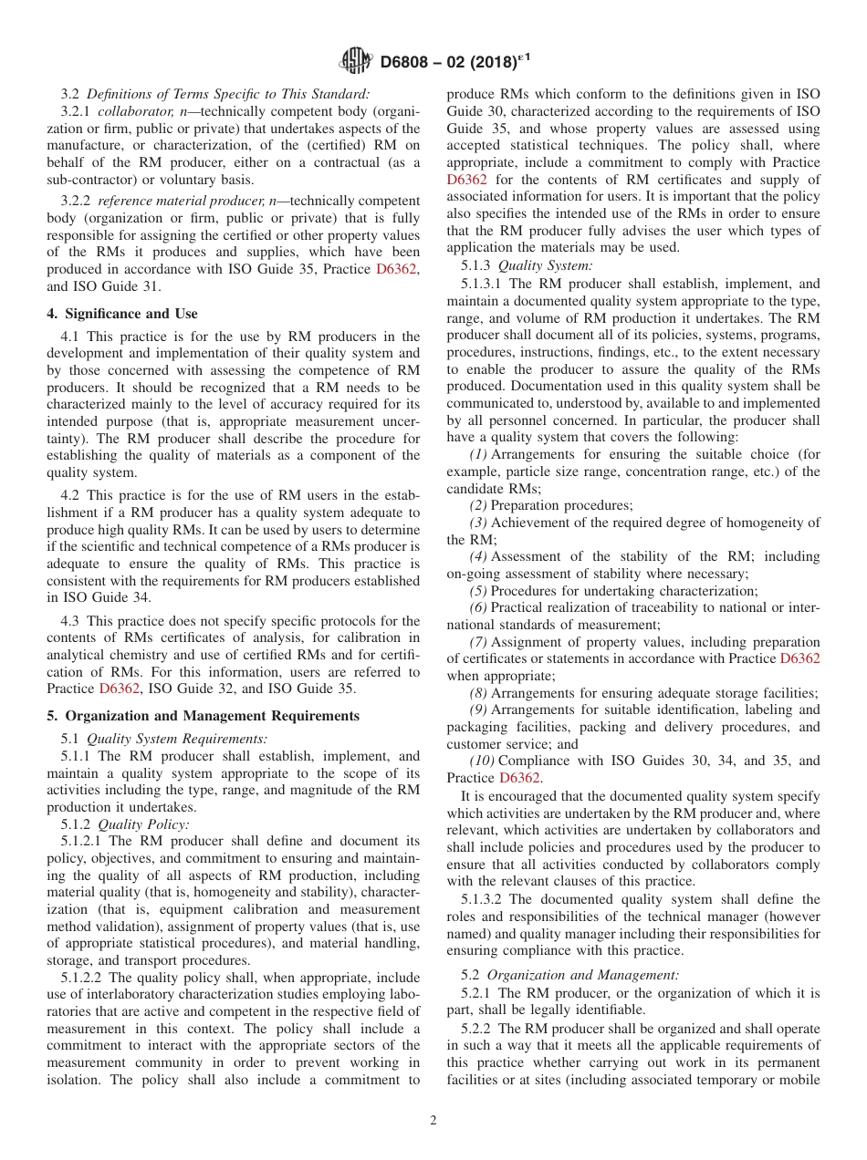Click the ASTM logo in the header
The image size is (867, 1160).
click(x=355, y=61)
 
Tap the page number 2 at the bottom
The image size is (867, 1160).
click(x=433, y=1121)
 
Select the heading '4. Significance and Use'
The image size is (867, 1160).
click(x=121, y=314)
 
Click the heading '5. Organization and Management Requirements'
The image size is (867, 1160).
click(x=203, y=716)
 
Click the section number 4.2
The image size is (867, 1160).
click(x=72, y=494)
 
